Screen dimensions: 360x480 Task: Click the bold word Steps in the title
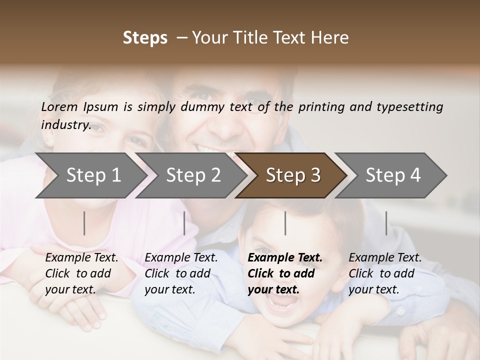[145, 38]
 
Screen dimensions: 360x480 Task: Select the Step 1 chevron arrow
[90, 175]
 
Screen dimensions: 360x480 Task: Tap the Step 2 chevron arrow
[192, 175]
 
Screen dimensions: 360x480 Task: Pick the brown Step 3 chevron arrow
[292, 175]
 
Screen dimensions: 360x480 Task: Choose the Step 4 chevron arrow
[392, 175]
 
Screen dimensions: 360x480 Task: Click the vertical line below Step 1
[84, 223]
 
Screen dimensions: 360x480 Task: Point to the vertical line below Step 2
[184, 223]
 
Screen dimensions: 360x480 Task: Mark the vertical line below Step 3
[285, 223]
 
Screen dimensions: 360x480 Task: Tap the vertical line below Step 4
[386, 223]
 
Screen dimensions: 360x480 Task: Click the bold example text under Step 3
[284, 273]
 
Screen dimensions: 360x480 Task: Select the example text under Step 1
[81, 273]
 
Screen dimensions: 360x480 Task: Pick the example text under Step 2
[181, 273]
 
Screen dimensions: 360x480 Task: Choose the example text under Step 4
[385, 273]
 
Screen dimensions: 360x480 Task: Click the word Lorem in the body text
[59, 107]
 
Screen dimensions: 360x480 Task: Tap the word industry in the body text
[65, 125]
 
